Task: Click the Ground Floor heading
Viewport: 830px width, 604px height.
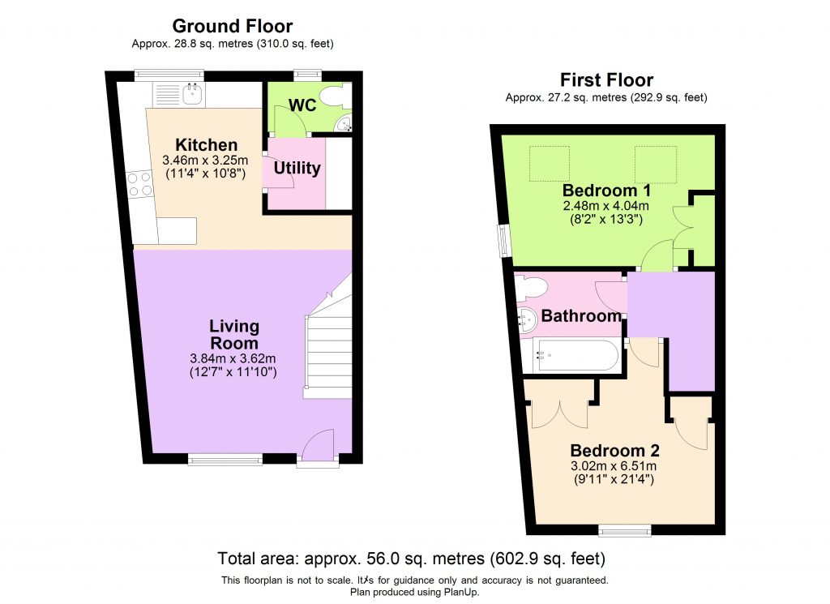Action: tap(233, 27)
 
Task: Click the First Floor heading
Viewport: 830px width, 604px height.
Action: tap(606, 80)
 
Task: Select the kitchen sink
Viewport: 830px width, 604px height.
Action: tap(193, 95)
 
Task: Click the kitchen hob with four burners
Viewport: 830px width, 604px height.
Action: tap(139, 185)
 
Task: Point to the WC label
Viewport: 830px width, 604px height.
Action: tap(302, 105)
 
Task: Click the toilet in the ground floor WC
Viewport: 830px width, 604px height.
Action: tap(333, 96)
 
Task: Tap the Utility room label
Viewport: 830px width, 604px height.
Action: tap(297, 169)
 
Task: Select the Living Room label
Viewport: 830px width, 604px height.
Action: tap(234, 334)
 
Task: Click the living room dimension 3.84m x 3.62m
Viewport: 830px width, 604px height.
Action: tap(234, 359)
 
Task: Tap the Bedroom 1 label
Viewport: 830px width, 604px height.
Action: tap(607, 191)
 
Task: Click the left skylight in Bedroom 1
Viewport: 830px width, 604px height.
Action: tap(549, 163)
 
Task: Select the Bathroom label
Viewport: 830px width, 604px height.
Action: tap(581, 316)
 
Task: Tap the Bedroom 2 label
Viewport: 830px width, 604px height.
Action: tap(614, 452)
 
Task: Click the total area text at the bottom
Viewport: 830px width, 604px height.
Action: tap(411, 559)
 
